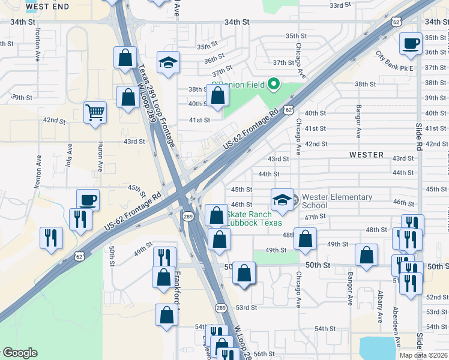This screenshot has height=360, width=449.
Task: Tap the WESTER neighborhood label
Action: pyautogui.click(x=366, y=155)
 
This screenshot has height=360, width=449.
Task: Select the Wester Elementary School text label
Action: pyautogui.click(x=337, y=200)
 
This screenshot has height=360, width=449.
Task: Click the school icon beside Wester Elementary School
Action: pyautogui.click(x=282, y=200)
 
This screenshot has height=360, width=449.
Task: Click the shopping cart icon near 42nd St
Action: pyautogui.click(x=95, y=112)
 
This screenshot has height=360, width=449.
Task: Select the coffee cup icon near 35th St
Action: pyautogui.click(x=411, y=43)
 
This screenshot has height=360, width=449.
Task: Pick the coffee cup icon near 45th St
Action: pyautogui.click(x=88, y=200)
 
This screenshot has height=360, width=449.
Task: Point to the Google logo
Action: pyautogui.click(x=20, y=353)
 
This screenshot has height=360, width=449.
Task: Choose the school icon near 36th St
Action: pyautogui.click(x=169, y=62)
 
